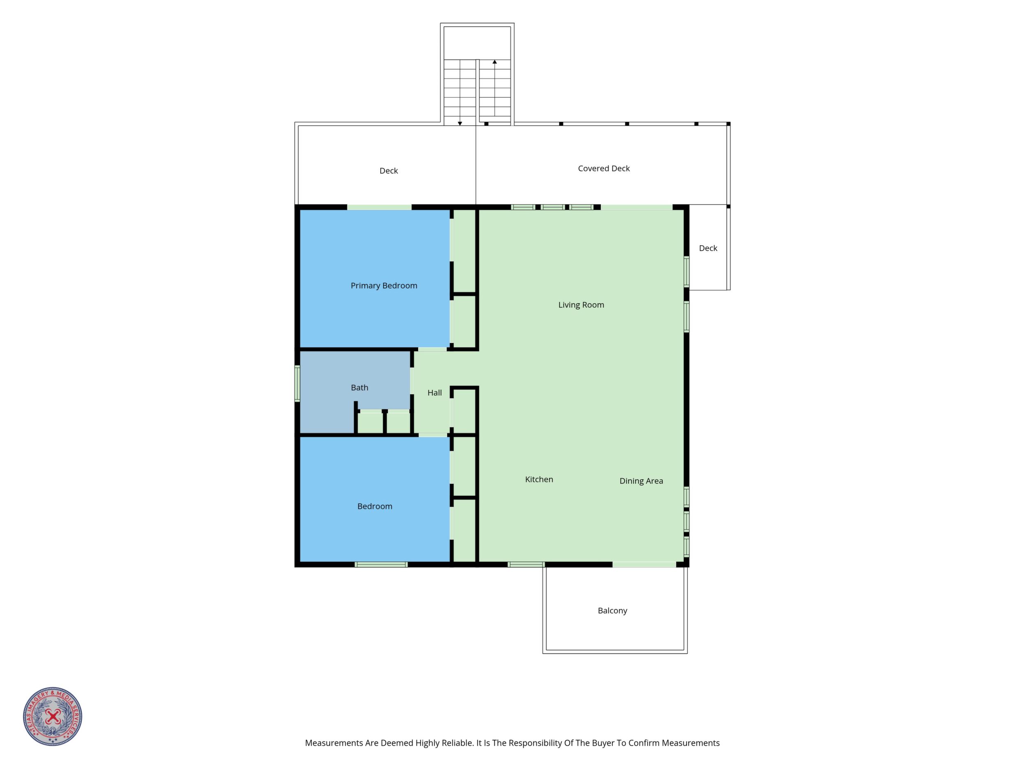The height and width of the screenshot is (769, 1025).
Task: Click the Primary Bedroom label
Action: click(x=384, y=286)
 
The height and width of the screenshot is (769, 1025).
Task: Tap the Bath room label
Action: click(x=360, y=387)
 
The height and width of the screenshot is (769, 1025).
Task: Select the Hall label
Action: click(x=434, y=393)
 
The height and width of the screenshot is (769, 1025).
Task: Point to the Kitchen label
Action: click(x=539, y=479)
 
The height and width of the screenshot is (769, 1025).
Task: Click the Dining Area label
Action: click(x=641, y=481)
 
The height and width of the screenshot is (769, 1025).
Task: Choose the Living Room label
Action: click(x=581, y=305)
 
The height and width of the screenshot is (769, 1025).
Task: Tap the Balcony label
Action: click(x=613, y=611)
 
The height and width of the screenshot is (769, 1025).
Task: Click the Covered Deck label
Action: click(x=604, y=169)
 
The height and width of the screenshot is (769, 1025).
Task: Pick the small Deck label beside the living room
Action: click(x=708, y=249)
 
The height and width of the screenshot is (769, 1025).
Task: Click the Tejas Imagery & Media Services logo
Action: click(x=53, y=716)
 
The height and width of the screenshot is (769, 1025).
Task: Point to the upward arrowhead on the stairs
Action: click(x=495, y=62)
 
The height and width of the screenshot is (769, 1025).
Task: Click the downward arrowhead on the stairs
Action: click(x=460, y=124)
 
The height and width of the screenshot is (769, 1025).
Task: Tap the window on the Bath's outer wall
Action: click(x=297, y=383)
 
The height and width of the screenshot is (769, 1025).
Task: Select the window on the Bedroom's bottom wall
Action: click(x=381, y=564)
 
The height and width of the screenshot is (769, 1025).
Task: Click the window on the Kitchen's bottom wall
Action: click(x=526, y=564)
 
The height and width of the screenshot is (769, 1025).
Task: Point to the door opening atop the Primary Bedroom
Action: click(x=379, y=207)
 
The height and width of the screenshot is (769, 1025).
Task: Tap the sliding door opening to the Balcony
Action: click(x=644, y=564)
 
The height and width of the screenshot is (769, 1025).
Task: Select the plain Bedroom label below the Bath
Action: click(x=375, y=507)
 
